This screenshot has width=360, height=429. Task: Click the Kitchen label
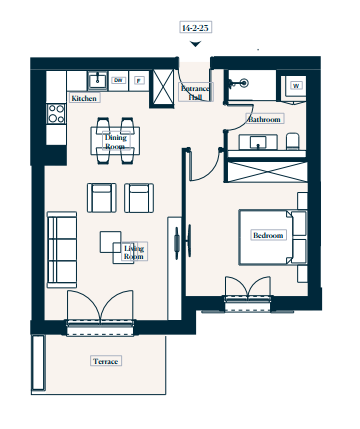point(84,98)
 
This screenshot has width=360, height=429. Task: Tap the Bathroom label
point(265,119)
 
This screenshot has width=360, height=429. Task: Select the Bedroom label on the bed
point(268,235)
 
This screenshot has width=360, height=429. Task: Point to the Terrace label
point(106,361)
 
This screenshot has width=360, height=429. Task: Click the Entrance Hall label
point(195,92)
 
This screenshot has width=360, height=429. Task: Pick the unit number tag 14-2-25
point(195,28)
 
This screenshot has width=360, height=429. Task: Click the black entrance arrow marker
point(195,44)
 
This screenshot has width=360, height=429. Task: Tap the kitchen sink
point(98,81)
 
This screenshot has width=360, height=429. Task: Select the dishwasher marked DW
point(118,80)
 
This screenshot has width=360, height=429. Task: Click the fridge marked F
point(139,80)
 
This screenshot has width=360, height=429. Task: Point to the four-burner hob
point(56,114)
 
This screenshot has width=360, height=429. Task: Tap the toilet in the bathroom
point(293,141)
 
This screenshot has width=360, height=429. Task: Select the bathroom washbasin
point(258,142)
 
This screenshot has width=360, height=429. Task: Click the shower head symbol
point(244,82)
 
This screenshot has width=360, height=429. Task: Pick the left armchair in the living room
point(102,198)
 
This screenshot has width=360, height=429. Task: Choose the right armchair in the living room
point(139,198)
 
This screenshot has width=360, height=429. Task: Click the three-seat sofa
point(62,249)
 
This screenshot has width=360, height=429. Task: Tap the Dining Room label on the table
point(116,142)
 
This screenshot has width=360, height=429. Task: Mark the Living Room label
point(134,252)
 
